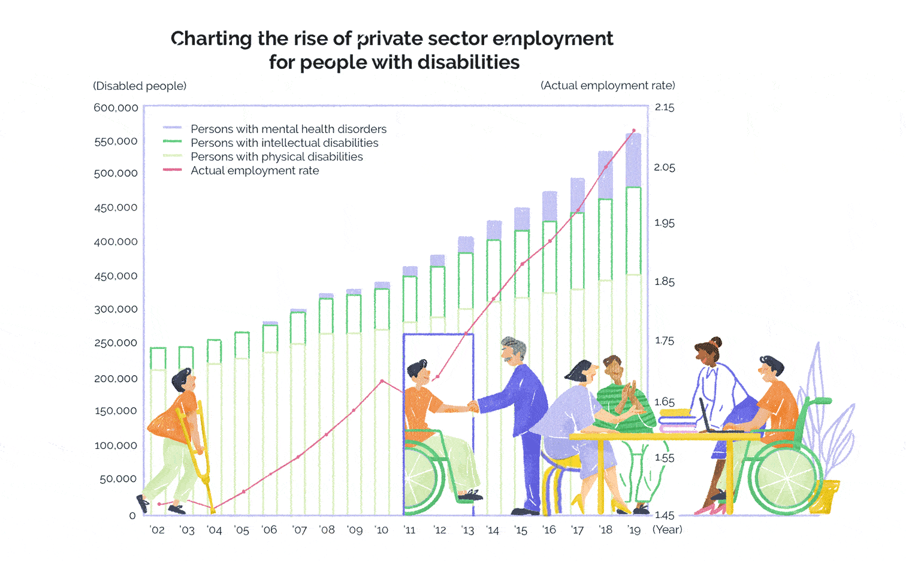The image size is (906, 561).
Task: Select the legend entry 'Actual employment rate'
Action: pos(255,171)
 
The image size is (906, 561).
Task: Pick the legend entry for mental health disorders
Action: pos(288,129)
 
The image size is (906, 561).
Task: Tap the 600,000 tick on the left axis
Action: pos(116,108)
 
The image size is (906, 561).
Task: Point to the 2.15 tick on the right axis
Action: pos(665,107)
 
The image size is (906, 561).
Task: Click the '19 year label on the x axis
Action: pos(634,530)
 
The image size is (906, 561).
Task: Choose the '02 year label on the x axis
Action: pos(157,530)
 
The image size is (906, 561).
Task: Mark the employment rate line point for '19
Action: pos(634,131)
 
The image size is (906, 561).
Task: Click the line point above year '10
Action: pos(382,381)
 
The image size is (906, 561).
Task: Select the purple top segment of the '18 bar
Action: pos(606,175)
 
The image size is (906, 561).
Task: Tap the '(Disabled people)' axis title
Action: pos(140,86)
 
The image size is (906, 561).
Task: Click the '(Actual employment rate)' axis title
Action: pos(608,86)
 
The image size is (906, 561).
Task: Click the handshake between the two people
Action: pos(473,407)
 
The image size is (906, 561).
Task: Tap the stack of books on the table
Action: pos(678,420)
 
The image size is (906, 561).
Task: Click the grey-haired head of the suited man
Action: pos(514,349)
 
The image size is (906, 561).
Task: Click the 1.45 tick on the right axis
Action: pos(665,515)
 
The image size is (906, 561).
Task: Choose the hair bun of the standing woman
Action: pos(715,342)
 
